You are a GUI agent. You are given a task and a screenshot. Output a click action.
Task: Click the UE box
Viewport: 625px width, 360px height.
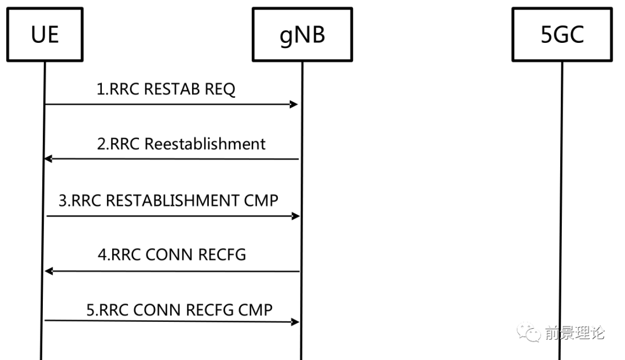45,35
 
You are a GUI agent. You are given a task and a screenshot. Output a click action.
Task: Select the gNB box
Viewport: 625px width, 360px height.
302,35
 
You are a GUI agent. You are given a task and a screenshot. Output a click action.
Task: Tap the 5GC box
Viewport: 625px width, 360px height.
561,35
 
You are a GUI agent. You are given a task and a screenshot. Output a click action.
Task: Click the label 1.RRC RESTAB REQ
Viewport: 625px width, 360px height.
166,90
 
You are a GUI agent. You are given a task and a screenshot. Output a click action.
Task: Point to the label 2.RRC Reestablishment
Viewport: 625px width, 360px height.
181,144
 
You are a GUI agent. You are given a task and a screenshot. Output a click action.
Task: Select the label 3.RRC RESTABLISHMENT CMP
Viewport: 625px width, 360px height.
169,200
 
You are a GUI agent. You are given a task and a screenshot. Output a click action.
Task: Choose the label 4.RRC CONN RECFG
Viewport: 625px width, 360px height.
172,255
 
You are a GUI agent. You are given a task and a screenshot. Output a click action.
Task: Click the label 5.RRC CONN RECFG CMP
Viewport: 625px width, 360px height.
179,310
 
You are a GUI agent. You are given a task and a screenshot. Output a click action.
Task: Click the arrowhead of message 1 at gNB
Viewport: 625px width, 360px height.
294,105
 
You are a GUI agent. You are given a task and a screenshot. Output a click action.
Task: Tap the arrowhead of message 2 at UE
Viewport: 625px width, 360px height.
49,159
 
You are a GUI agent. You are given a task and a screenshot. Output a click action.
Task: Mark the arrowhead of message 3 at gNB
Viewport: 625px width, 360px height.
296,216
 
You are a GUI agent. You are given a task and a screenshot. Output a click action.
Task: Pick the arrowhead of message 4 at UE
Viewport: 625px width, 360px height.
49,271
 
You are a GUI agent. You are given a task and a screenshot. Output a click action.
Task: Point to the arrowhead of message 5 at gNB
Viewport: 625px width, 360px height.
295,322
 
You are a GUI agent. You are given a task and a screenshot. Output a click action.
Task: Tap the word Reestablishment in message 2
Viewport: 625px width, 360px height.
205,144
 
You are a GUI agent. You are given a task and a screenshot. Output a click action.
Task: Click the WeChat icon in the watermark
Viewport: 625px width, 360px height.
528,332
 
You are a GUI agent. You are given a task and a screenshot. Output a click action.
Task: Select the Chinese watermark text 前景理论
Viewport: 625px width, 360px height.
575,333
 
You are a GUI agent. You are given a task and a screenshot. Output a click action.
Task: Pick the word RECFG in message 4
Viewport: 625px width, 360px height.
223,255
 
